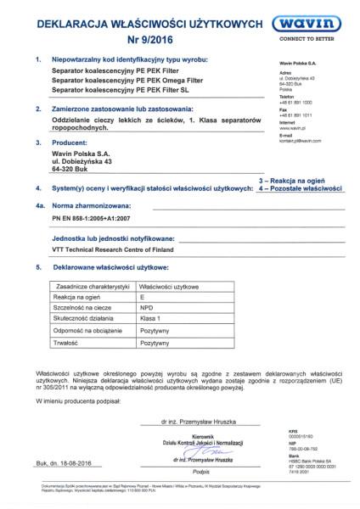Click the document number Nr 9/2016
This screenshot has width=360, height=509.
137,38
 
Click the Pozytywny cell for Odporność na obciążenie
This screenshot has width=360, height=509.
155,332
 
